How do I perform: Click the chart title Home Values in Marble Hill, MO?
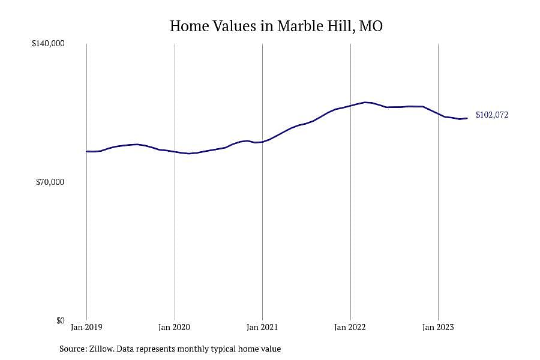point(276,26)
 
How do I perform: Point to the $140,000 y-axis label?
point(48,43)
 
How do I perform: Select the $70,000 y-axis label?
point(50,182)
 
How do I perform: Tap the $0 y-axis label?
point(60,320)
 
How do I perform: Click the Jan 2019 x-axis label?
point(86,327)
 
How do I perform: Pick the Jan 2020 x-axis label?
point(174,327)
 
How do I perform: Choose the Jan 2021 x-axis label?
point(262,327)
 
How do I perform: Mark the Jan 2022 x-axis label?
point(350,327)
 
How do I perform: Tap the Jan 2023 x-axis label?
point(438,327)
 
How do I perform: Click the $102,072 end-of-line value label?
point(492,115)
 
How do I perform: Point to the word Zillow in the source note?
point(101,349)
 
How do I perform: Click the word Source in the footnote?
point(73,349)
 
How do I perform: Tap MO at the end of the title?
point(371,26)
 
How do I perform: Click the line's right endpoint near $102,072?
point(467,118)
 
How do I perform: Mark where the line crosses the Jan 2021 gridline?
point(262,142)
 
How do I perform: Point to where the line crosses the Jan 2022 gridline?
point(350,106)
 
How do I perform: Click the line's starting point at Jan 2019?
point(86,151)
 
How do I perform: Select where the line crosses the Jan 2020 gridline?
point(175,152)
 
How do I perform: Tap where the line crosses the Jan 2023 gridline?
point(438,113)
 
